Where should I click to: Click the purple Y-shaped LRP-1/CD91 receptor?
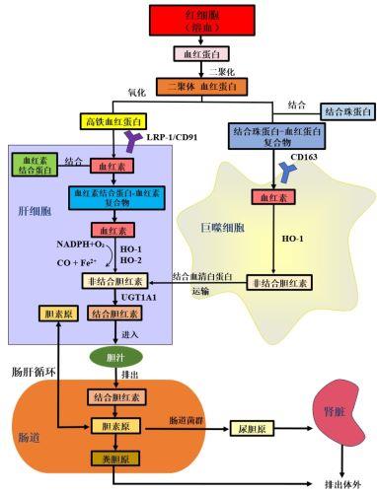tap(129, 144)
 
